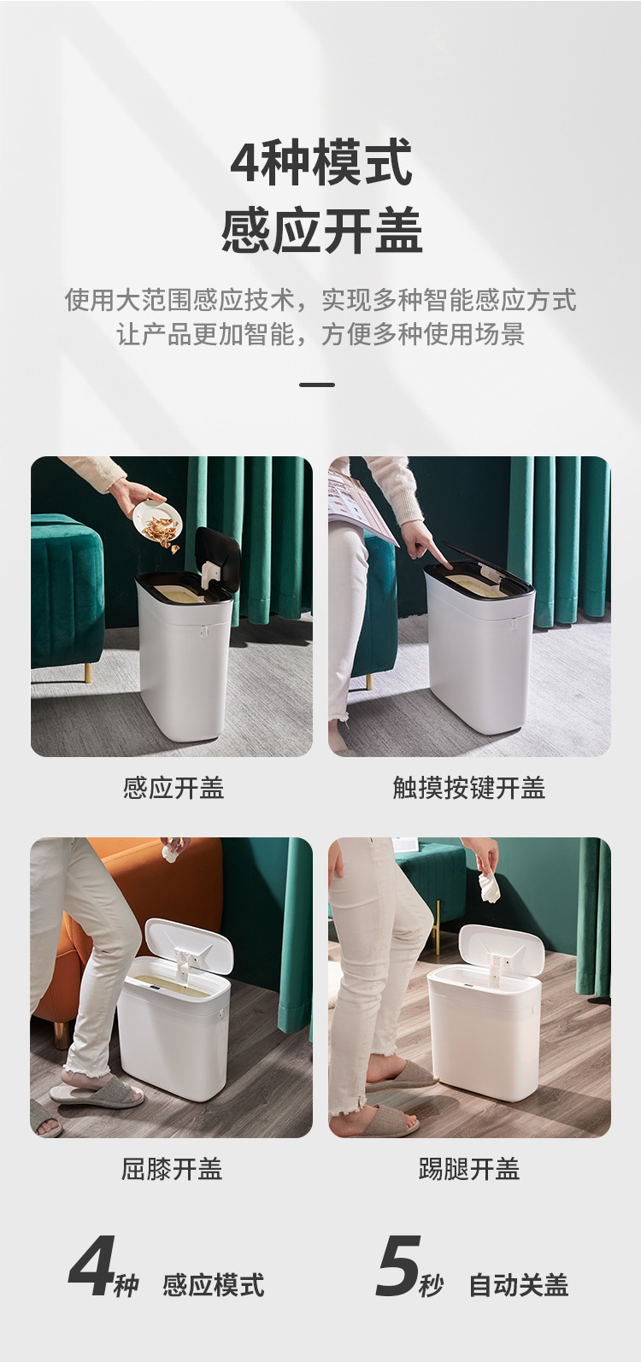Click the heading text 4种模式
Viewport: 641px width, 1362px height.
320,163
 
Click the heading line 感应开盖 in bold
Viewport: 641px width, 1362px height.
320,231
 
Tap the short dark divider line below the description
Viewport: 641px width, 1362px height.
317,385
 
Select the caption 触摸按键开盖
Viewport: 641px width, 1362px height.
468,788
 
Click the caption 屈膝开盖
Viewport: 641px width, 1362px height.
172,1168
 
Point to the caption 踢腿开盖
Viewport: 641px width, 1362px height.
468,1168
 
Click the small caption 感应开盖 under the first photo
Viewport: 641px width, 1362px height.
173,788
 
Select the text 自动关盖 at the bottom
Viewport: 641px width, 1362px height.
519,1285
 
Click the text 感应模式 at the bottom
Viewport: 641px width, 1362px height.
214,1285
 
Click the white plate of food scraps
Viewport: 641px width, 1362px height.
157,520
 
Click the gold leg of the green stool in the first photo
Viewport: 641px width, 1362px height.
86,672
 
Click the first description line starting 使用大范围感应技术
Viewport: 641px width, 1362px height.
320,300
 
